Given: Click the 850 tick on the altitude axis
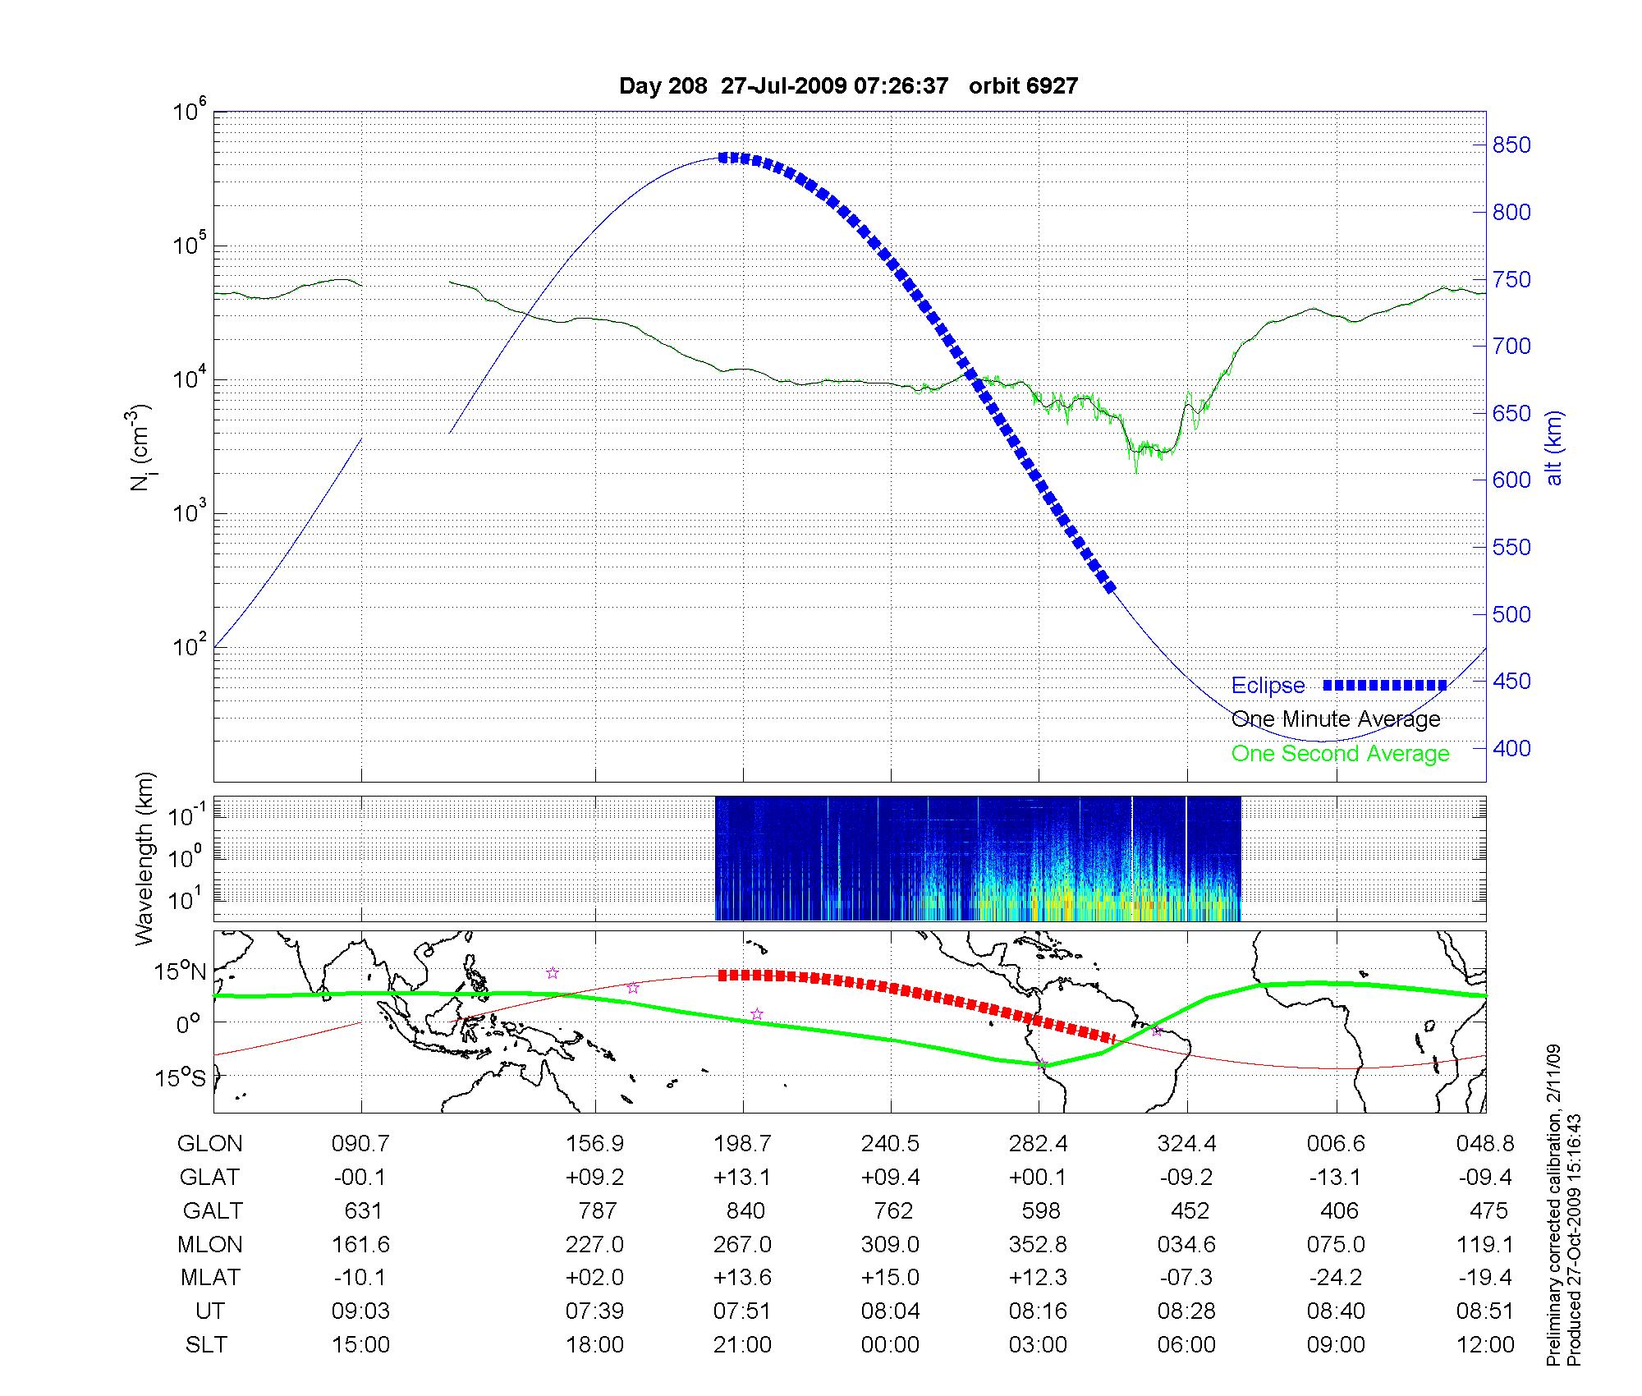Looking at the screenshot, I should coord(1511,145).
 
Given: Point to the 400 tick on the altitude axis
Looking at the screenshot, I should coord(1511,748).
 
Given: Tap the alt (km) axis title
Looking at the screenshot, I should coord(1554,448).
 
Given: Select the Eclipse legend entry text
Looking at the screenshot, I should coord(1268,686).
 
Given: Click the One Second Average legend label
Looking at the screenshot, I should coord(1340,754).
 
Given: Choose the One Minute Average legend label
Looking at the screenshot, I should coord(1336,719).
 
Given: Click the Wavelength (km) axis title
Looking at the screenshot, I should coord(144,858).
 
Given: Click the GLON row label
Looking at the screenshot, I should coord(210,1144).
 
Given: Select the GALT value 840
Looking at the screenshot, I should coord(745,1211).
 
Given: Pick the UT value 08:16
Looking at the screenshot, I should coord(1039,1311).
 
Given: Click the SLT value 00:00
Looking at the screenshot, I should coord(890,1345).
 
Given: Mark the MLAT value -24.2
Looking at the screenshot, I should coord(1335,1278).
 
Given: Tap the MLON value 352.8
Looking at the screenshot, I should coord(1039,1245).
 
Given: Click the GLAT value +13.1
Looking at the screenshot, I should coord(742,1178).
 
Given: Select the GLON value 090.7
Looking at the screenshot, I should coord(361,1144).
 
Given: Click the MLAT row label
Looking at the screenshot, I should coord(210,1278).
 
